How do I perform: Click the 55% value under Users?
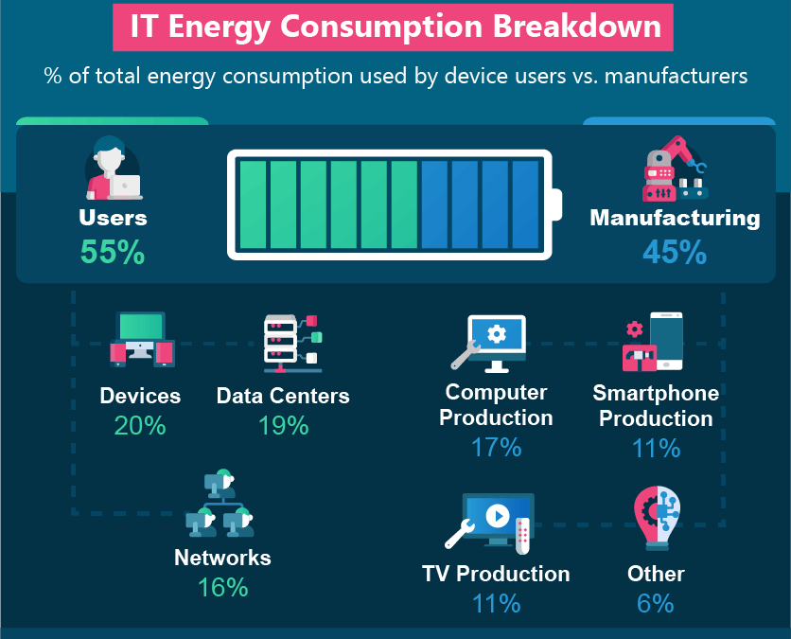click(113, 252)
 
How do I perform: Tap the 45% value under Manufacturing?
click(675, 252)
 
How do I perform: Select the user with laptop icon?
click(113, 168)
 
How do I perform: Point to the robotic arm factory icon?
click(675, 169)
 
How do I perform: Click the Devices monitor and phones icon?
click(142, 339)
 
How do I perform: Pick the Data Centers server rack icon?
click(292, 344)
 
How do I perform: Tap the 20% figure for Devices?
click(140, 425)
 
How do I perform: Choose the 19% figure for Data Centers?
click(283, 425)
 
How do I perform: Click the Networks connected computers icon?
click(220, 504)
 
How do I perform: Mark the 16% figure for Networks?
click(222, 587)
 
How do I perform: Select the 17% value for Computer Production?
click(496, 447)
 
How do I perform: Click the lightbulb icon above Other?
click(657, 519)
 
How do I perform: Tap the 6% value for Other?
click(655, 603)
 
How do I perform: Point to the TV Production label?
click(496, 574)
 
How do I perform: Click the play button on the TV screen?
click(498, 516)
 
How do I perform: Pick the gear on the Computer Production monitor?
click(497, 333)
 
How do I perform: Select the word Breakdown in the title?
click(576, 26)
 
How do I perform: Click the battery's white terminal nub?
click(557, 204)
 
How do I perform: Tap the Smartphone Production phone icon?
click(666, 341)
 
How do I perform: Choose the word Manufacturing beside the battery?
click(675, 218)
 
